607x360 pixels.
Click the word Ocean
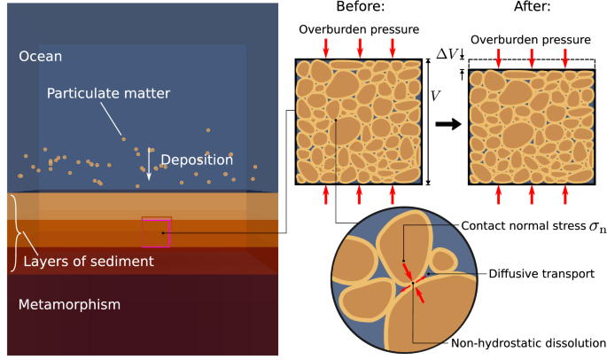(41, 57)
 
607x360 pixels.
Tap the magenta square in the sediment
(157, 231)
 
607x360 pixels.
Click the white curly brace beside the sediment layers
(12, 232)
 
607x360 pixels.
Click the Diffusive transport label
(541, 274)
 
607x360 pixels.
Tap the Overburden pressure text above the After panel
(531, 41)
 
